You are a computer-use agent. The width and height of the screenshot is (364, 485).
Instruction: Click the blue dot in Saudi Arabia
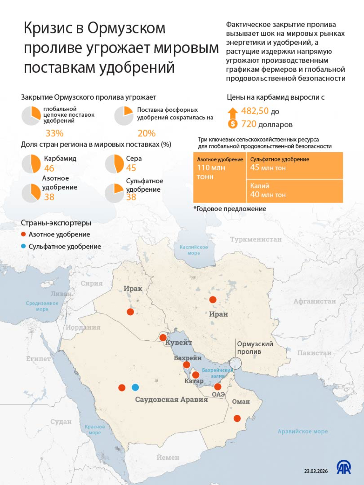point(135,387)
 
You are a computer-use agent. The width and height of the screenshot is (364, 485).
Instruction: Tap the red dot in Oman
point(237,418)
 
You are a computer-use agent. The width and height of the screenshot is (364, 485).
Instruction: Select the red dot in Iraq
point(130,312)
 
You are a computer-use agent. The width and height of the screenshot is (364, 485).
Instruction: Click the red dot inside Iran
point(213,300)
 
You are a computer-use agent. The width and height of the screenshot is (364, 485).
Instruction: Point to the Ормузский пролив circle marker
point(236,363)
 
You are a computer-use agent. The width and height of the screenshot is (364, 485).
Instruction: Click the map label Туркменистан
point(256,239)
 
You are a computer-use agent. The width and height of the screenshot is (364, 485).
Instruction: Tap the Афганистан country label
point(315,301)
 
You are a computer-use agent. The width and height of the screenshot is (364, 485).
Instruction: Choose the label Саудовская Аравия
point(171,400)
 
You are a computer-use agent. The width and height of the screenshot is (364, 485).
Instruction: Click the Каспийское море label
point(194,250)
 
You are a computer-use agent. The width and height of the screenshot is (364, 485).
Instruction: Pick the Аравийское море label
point(303,431)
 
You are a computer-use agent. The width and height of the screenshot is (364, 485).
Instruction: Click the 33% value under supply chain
point(54,133)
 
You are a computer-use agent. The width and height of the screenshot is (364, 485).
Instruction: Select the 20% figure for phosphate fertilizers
point(147,133)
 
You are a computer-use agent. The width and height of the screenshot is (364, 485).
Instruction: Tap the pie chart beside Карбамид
point(31,164)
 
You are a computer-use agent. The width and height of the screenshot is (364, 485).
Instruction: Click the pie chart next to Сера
point(114,164)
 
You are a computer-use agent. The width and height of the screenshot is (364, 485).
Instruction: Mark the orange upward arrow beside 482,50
point(233,113)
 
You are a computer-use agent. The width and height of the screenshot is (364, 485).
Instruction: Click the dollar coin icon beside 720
point(233,124)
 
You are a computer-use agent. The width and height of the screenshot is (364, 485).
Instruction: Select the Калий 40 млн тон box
point(294,191)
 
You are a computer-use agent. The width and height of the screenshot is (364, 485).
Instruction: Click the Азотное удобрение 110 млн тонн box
point(220,177)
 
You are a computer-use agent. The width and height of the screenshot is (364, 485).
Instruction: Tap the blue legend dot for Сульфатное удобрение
point(23,246)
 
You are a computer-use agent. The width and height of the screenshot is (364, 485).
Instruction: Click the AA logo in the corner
point(344,467)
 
